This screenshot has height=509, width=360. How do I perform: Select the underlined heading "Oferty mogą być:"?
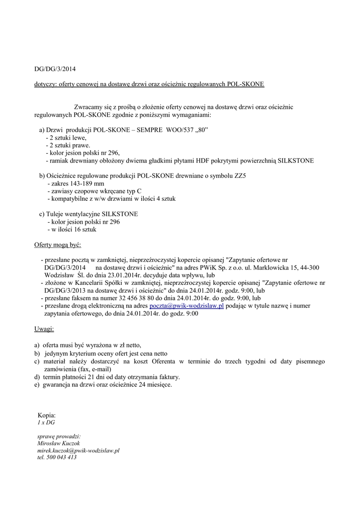tap(58, 246)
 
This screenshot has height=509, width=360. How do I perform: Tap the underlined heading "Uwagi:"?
tap(44, 329)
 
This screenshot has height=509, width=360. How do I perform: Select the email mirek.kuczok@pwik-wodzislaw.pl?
tap(79, 450)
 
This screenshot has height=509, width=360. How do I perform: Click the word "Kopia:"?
tap(47, 415)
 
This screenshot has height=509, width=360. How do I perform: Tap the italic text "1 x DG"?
tap(46, 422)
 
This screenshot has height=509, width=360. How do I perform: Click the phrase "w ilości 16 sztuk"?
tap(72, 230)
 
